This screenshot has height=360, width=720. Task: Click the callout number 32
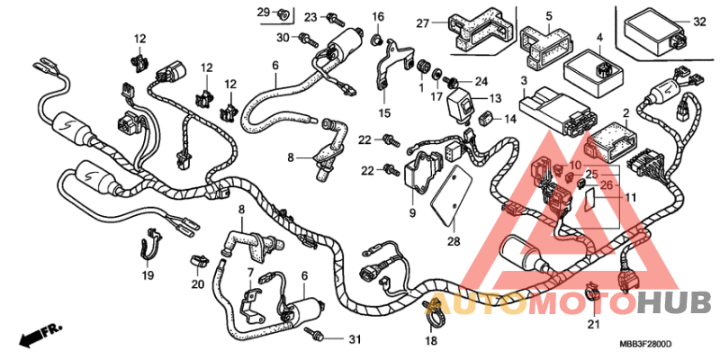coord(700,22)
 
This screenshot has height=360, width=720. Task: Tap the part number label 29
coord(263,12)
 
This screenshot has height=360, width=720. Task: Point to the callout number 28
coord(453,242)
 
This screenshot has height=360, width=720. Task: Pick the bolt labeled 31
coord(316,335)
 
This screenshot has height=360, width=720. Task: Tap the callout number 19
coord(147,276)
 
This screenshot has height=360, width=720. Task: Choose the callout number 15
coord(384,113)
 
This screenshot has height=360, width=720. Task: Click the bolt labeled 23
coord(334,17)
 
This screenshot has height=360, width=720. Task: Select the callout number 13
coord(496,98)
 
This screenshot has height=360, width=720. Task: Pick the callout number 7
coord(250,272)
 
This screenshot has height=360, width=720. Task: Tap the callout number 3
coord(522,81)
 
